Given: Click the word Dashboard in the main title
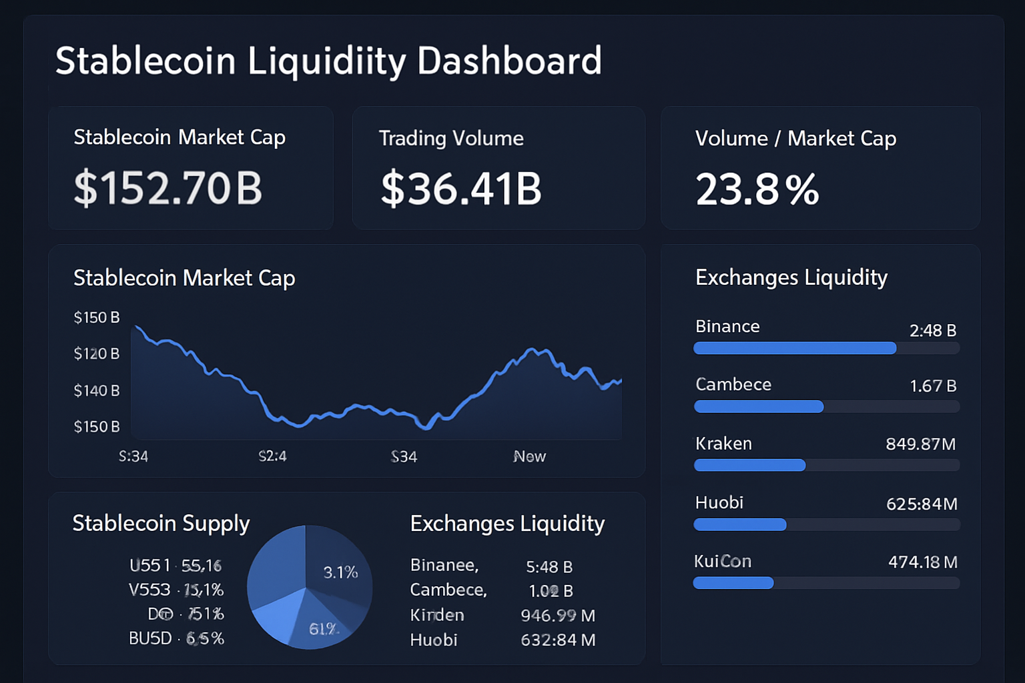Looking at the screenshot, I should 509,61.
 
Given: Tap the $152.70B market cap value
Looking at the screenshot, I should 168,188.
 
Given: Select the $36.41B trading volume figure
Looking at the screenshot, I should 461,189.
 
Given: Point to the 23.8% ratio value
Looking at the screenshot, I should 757,189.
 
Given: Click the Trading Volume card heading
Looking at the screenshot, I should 451,138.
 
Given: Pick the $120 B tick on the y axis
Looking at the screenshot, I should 97,354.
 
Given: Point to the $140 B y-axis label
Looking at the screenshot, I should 97,390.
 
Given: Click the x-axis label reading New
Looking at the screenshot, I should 529,456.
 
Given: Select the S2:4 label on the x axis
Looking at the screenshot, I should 272,456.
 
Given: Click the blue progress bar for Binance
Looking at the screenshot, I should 794,348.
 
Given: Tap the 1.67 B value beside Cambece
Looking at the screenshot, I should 933,386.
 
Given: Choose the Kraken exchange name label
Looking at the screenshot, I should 723,444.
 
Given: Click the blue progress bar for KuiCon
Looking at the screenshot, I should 733,583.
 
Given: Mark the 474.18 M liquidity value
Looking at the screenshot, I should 922,562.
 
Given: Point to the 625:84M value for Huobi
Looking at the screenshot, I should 922,504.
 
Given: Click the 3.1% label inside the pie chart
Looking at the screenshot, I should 340,572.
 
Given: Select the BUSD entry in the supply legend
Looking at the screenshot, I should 150,638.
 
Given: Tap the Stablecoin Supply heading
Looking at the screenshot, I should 161,524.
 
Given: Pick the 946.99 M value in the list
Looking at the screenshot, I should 558,615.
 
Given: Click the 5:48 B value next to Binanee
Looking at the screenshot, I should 549,567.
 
